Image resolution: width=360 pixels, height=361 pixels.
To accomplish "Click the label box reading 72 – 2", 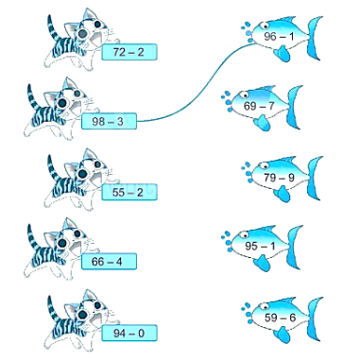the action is (x=129, y=52).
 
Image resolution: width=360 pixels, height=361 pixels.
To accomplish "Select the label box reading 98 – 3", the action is (x=109, y=121).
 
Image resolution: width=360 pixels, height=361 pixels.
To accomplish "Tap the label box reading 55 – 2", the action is (x=129, y=192).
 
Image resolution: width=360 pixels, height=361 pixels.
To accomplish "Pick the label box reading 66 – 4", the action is (x=109, y=262).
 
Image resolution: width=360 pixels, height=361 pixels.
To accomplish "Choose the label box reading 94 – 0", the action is (x=129, y=333).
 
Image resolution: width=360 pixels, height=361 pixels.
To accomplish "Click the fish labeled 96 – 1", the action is (x=282, y=38).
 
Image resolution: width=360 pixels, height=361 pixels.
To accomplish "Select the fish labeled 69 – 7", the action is (x=262, y=107).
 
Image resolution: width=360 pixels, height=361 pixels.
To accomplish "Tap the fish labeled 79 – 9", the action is (x=282, y=178).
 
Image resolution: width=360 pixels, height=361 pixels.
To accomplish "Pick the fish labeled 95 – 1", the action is (x=262, y=247).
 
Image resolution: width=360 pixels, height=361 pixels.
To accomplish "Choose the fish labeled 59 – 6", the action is (x=282, y=318).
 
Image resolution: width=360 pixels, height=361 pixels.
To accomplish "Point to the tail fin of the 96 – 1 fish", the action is (x=315, y=38).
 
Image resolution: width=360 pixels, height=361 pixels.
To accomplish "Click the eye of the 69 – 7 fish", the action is (x=243, y=95).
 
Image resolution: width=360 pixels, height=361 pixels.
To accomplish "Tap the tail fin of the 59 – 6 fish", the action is (x=315, y=318).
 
